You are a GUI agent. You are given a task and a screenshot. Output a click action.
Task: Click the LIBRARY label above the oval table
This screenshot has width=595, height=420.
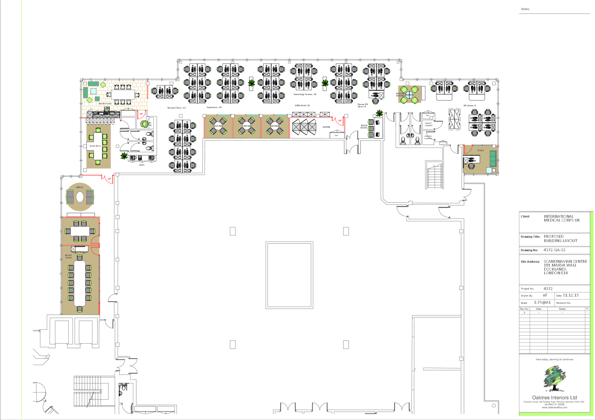point(79,187)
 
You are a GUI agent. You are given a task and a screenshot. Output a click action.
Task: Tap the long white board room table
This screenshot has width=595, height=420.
point(80,283)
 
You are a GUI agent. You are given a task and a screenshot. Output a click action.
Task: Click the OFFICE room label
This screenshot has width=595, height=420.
point(481,150)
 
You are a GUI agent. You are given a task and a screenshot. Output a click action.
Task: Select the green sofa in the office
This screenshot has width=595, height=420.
point(493,158)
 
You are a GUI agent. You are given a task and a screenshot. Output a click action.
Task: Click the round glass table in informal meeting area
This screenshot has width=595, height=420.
point(409,95)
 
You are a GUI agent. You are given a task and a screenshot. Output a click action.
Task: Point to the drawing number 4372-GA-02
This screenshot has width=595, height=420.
point(554,250)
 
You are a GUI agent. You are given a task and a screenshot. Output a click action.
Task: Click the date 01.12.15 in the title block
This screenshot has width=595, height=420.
point(571,295)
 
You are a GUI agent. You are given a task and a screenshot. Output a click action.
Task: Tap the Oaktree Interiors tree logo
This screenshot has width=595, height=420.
point(554,378)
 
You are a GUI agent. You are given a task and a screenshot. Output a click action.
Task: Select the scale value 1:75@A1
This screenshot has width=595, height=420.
point(542,302)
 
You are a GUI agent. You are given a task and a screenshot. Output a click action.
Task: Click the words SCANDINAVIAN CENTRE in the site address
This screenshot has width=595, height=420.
point(565,261)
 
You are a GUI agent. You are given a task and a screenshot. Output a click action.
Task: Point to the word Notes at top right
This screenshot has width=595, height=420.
point(525,9)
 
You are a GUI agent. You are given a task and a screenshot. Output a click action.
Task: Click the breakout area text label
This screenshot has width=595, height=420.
point(105,103)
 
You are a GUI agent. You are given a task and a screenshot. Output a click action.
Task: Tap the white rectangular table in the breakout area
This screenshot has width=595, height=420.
point(123,94)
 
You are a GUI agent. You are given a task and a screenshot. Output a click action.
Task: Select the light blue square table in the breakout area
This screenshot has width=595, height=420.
point(94,91)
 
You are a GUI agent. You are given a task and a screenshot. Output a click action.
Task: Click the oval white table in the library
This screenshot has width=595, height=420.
point(80,197)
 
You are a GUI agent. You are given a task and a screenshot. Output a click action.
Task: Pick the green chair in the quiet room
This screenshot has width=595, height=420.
point(144,124)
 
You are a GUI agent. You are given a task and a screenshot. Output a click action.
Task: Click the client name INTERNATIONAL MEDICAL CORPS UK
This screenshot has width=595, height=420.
point(561,218)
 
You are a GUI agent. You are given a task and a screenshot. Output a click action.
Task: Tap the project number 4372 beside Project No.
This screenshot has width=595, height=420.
point(548,288)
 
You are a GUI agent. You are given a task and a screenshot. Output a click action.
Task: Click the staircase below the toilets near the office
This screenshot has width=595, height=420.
point(434,176)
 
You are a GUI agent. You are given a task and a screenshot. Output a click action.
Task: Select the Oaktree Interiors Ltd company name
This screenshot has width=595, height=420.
point(554,397)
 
